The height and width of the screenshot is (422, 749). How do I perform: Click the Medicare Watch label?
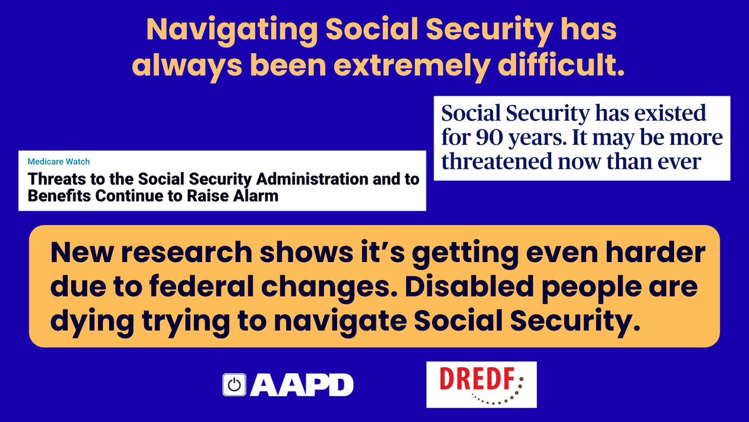tap(54, 161)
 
